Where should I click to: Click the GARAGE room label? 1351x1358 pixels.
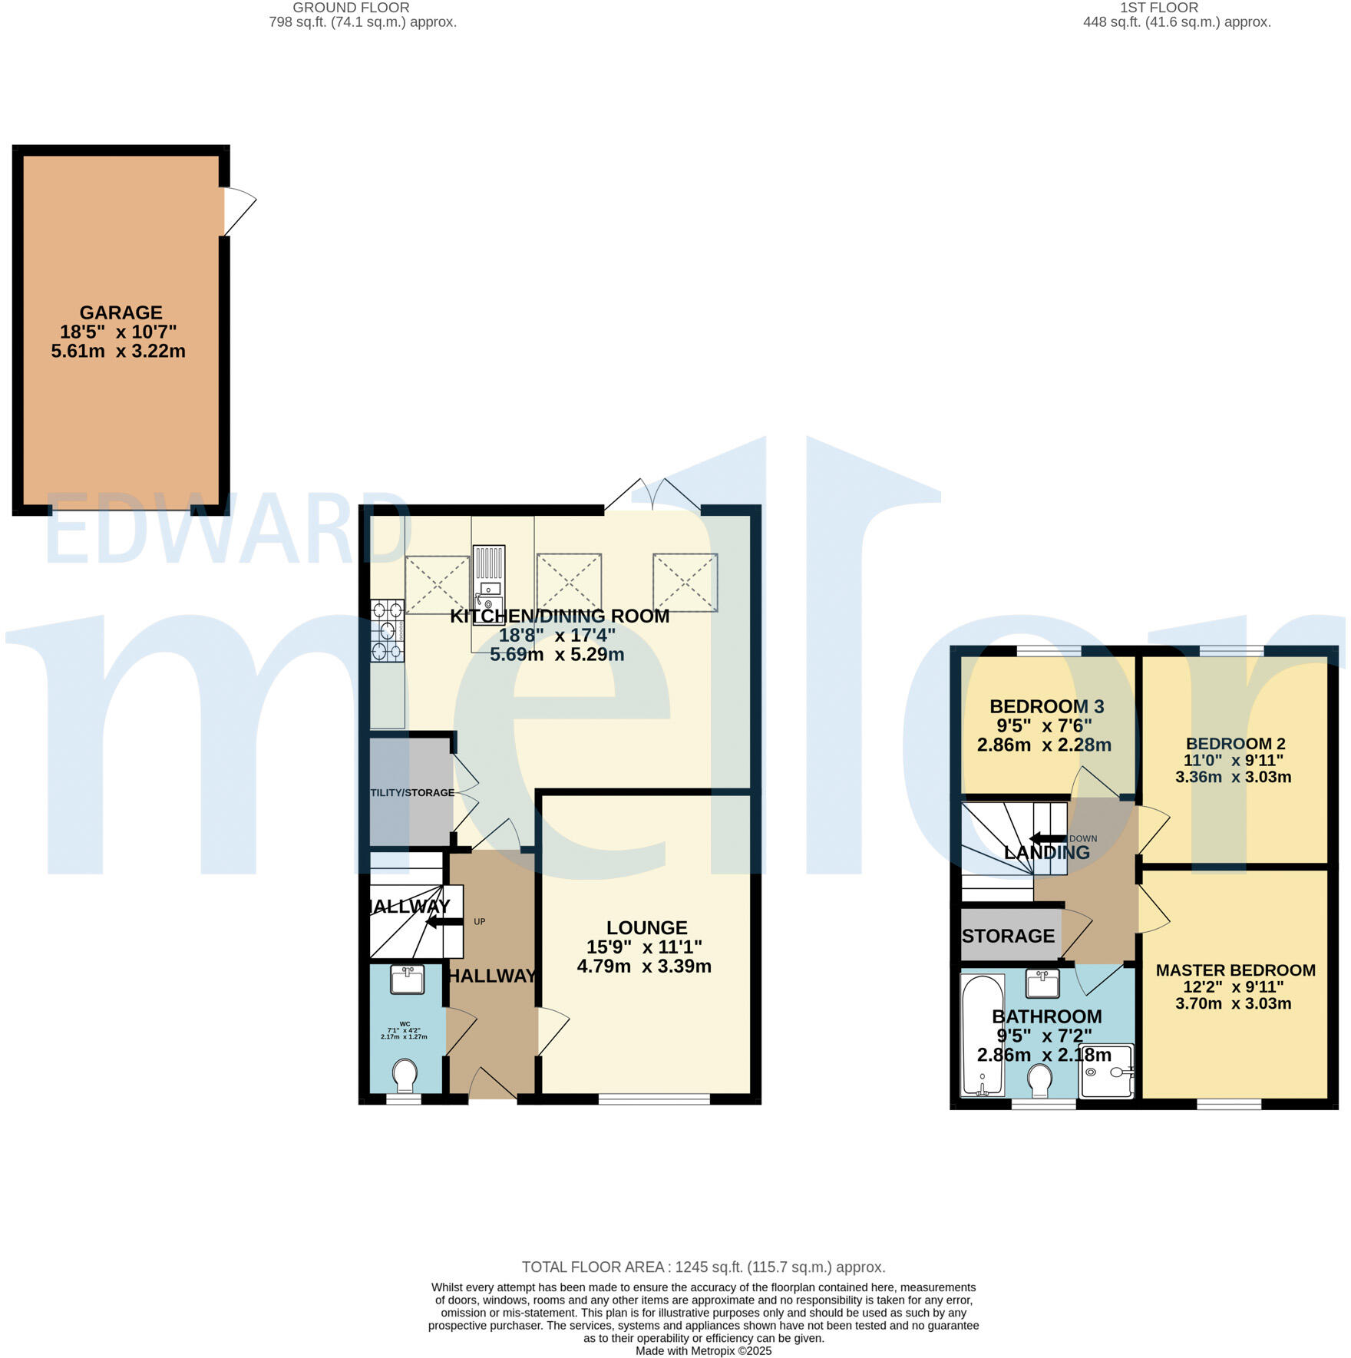click(x=121, y=313)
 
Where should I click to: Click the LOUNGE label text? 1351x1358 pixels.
click(x=646, y=927)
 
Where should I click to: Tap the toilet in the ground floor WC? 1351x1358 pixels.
click(x=405, y=1075)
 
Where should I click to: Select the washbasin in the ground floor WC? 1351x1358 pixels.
click(x=407, y=980)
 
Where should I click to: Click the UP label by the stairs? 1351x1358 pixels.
click(x=480, y=922)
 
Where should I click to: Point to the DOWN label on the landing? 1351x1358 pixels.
click(x=1083, y=838)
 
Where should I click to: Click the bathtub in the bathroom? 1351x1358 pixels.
click(x=983, y=1036)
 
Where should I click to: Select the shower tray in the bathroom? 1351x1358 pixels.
click(x=1106, y=1071)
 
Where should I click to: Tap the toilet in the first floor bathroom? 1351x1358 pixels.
click(x=1041, y=1081)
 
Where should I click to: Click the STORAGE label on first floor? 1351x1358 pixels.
click(x=1008, y=936)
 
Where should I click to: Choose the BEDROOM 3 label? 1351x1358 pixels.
click(x=1046, y=706)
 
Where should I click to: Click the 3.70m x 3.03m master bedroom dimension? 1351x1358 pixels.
click(x=1233, y=1003)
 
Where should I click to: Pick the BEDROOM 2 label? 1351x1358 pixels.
click(x=1235, y=743)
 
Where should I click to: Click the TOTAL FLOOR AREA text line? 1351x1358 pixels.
click(x=703, y=1267)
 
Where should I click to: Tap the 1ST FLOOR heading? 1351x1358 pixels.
click(x=1158, y=8)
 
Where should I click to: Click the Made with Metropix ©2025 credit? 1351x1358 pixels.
click(x=703, y=1351)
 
